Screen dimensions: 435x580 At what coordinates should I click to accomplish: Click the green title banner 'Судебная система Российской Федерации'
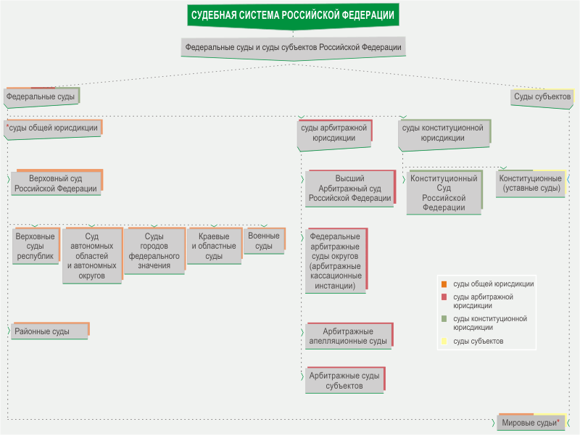pos(293,15)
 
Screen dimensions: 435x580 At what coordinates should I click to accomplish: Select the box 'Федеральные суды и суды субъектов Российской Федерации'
pos(293,46)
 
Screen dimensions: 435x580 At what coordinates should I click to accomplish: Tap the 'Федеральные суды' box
pos(41,96)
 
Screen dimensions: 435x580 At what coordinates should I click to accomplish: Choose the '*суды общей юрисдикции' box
pos(52,127)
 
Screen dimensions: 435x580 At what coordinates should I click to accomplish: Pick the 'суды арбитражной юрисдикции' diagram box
pos(333,133)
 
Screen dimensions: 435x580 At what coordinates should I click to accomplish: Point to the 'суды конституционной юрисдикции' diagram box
pos(443,133)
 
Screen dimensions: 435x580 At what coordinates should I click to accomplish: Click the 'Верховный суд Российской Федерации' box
pos(56,183)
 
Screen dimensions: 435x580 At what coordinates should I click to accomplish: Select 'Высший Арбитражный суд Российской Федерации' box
pos(349,188)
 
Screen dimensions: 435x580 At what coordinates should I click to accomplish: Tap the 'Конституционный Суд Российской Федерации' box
pos(444,192)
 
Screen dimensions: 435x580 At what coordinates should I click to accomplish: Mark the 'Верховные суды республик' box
pos(35,246)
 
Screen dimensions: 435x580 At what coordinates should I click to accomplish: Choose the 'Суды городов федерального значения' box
pos(154,251)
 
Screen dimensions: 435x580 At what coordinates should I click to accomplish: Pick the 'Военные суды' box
pos(264,241)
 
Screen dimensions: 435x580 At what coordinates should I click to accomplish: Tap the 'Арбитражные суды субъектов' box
pos(344,381)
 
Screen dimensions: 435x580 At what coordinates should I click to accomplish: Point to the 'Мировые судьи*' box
pos(530,422)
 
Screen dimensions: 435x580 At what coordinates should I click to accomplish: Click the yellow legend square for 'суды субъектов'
pos(444,341)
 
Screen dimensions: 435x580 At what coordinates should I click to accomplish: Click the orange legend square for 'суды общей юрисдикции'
pos(444,284)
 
